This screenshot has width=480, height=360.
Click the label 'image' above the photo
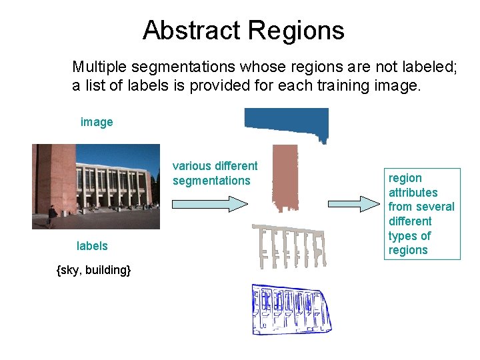(x=97, y=122)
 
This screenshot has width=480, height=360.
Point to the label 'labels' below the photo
(x=92, y=246)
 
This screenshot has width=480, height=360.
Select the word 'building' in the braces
(x=107, y=270)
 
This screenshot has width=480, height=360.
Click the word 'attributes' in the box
(x=413, y=193)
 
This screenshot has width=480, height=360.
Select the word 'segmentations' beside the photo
(x=211, y=181)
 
